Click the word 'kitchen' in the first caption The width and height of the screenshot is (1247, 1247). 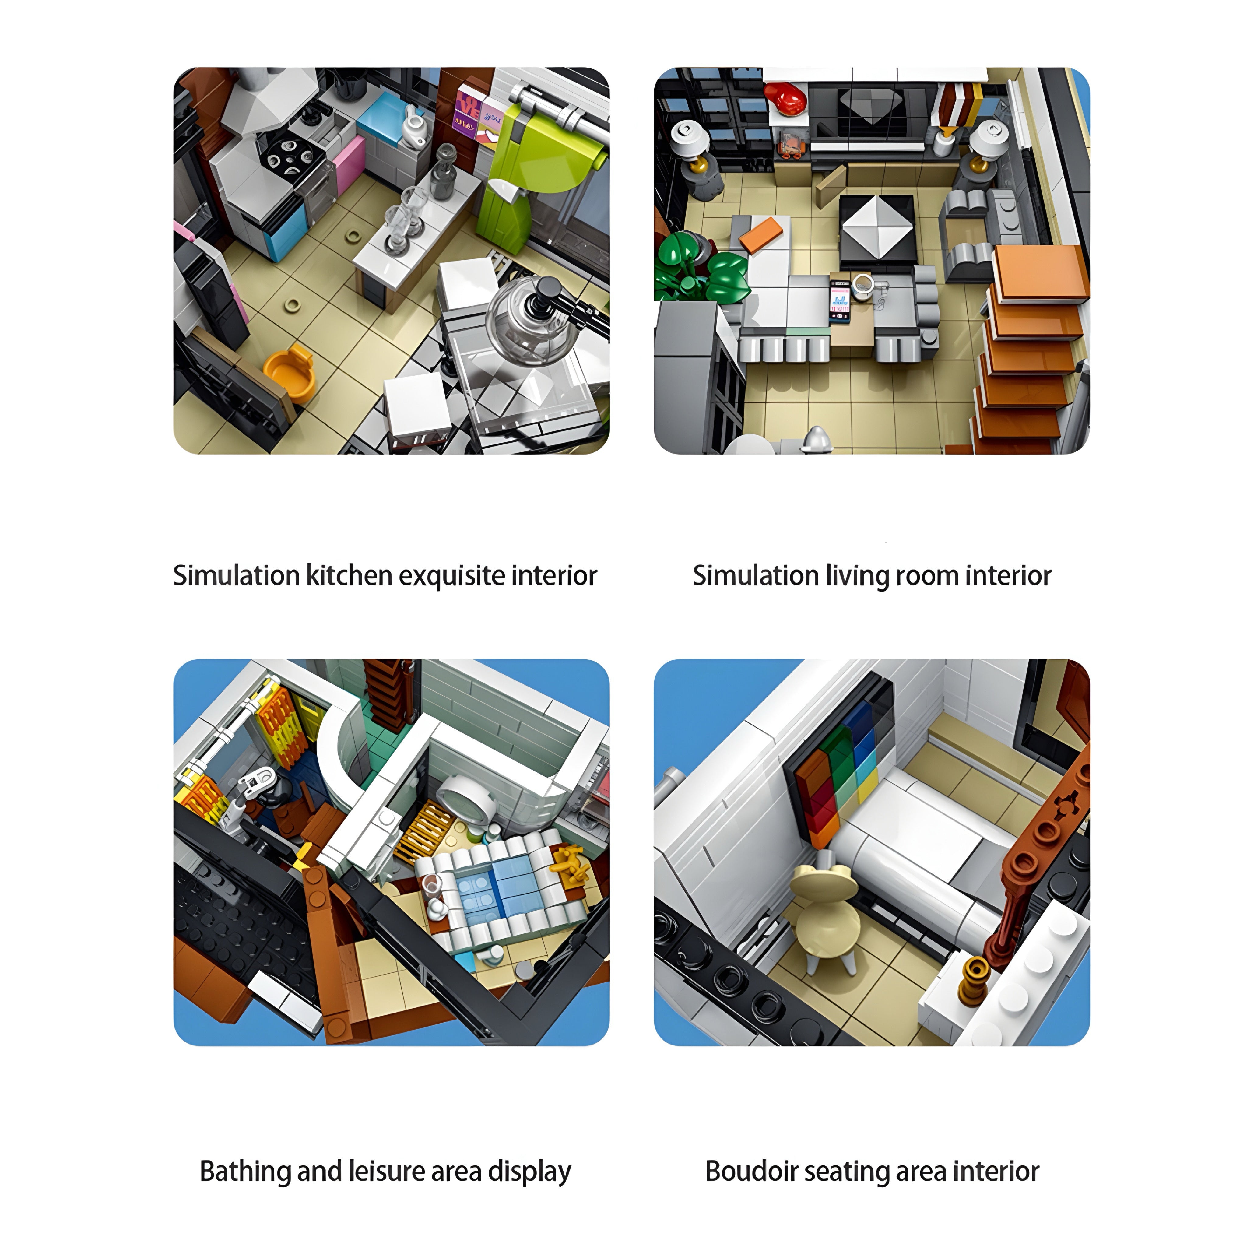click(349, 576)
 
